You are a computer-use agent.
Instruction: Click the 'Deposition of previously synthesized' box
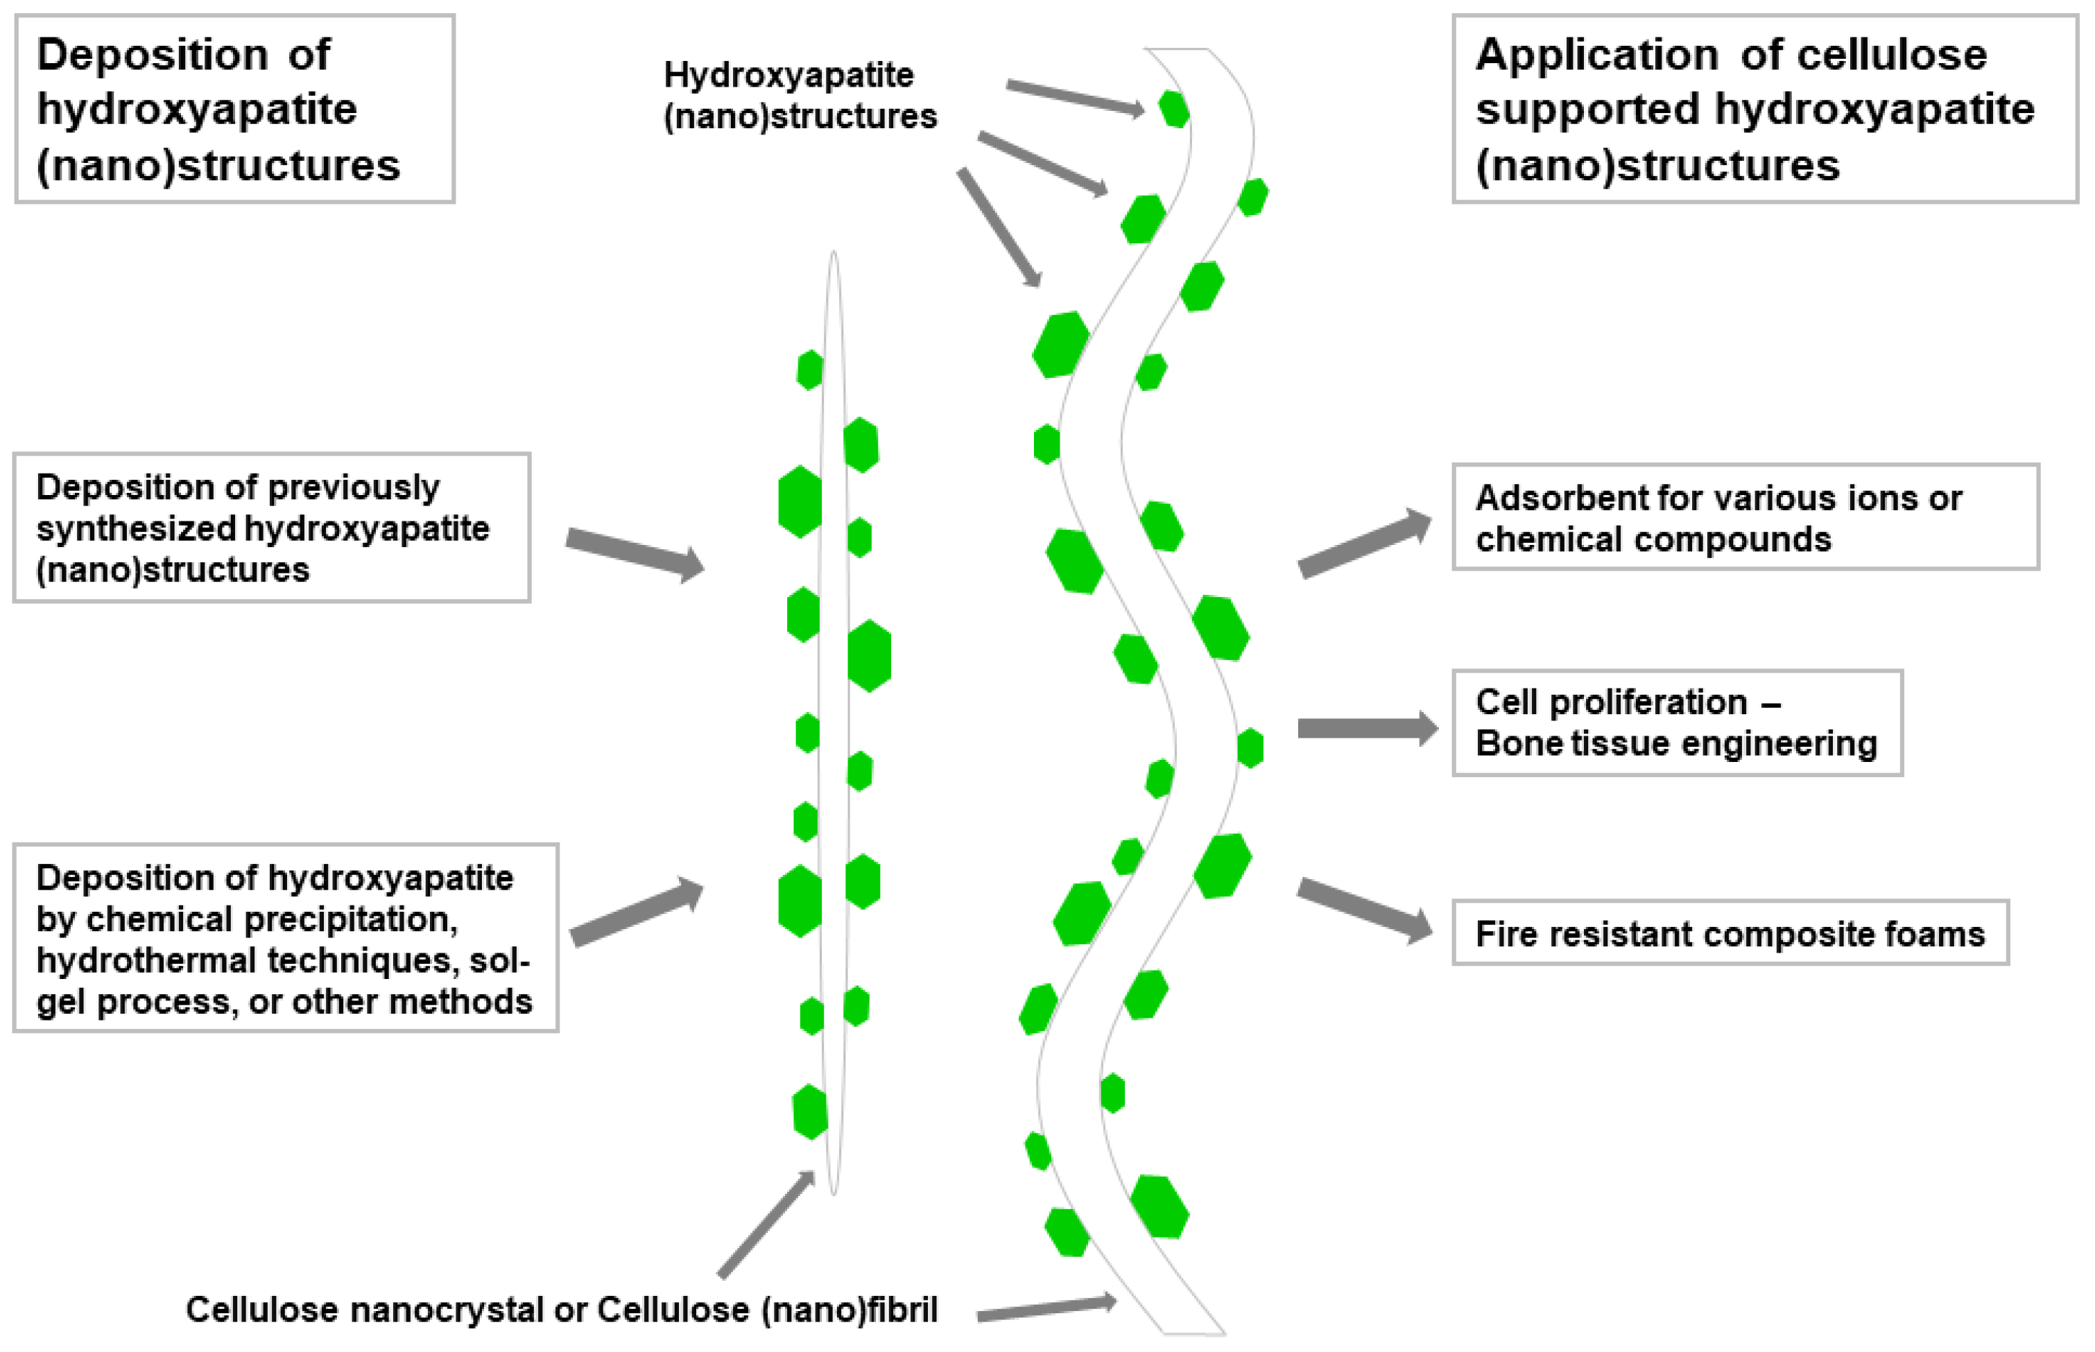pos(270,528)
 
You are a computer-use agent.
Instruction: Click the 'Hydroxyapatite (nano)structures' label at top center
pos(799,95)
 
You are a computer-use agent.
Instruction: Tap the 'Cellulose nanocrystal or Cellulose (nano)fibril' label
pos(561,1309)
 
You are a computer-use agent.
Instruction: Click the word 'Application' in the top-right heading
pos(1596,55)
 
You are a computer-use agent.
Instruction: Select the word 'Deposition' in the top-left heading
pos(151,55)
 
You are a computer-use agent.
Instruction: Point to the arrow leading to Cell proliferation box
pos(1366,728)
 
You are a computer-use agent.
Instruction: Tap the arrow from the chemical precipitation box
pos(637,914)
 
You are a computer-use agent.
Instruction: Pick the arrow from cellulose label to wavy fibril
pos(1045,1309)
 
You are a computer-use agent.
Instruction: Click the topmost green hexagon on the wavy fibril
pos(1173,110)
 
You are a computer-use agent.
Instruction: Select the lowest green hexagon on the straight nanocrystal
pos(809,1112)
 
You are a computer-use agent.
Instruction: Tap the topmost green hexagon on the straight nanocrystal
pos(809,370)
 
